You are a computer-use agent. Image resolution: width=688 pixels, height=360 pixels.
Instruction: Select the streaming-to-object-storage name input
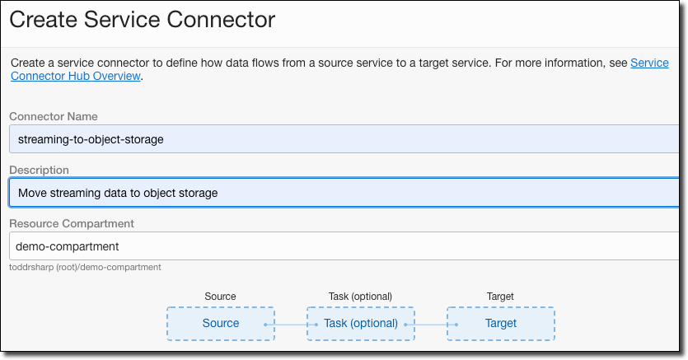click(346, 139)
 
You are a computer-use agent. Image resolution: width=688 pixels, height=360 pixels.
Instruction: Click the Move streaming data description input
click(346, 193)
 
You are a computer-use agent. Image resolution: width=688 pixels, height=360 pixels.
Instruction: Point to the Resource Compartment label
click(72, 223)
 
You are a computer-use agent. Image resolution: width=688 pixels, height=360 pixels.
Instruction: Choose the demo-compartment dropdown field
click(346, 245)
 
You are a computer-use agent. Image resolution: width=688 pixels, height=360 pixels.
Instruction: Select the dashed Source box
click(221, 323)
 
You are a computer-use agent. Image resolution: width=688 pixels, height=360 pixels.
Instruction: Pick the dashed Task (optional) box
click(361, 323)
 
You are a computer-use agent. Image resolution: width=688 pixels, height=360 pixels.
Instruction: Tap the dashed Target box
click(501, 323)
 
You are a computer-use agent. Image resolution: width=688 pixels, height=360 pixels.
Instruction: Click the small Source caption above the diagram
click(220, 297)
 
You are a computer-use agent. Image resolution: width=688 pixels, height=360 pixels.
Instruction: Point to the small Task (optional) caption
click(360, 297)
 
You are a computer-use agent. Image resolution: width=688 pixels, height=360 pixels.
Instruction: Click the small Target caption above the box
click(500, 297)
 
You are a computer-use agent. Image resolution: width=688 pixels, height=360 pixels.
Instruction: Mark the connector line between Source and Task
click(290, 324)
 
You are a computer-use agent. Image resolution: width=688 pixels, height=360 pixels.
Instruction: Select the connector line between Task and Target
click(430, 324)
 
